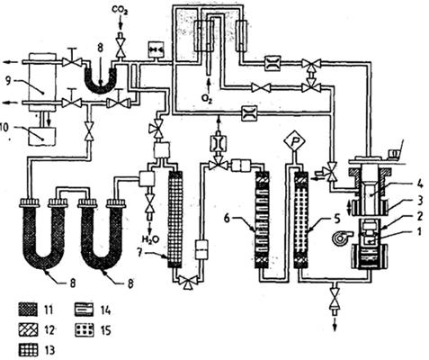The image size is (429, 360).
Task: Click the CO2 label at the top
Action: tap(120, 11)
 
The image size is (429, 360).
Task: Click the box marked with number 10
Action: tap(41, 136)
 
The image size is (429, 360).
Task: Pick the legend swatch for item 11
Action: tap(28, 310)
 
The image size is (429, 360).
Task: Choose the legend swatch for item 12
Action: tap(28, 330)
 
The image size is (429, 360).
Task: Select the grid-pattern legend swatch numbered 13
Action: tap(28, 350)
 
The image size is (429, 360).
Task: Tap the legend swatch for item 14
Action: tap(84, 310)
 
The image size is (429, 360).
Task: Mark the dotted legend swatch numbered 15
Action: tap(84, 330)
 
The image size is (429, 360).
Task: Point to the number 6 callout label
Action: tap(228, 218)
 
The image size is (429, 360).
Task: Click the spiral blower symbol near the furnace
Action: tap(340, 238)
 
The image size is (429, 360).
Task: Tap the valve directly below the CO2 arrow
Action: tap(121, 49)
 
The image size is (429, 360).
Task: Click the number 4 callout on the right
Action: tap(420, 184)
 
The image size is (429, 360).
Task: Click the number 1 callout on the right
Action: tap(419, 231)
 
